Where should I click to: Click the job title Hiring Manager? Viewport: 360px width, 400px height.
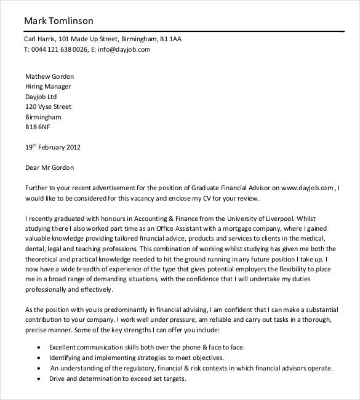pyautogui.click(x=48, y=87)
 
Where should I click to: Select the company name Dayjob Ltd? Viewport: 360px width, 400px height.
pyautogui.click(x=41, y=97)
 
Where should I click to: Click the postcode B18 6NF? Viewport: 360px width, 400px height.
pyautogui.click(x=37, y=127)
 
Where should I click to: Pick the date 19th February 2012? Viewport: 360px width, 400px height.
pyautogui.click(x=52, y=148)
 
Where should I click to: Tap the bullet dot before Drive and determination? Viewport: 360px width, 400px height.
pyautogui.click(x=40, y=379)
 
